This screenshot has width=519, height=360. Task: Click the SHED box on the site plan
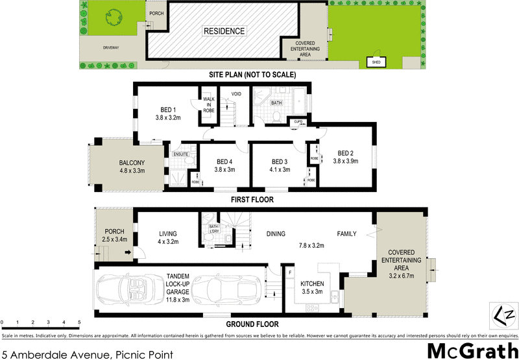[x=375, y=62]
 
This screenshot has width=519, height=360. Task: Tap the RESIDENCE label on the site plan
[x=224, y=30]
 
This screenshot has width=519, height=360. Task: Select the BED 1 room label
[x=167, y=110]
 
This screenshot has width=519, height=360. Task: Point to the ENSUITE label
[x=181, y=154]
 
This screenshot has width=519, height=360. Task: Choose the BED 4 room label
[x=224, y=162]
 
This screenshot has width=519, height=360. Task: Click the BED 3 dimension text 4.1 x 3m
[x=280, y=170]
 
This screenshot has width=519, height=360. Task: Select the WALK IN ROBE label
[x=208, y=104]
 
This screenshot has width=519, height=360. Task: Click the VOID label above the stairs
[x=237, y=95]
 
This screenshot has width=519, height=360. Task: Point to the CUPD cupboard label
[x=298, y=122]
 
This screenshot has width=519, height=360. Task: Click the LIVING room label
[x=169, y=234]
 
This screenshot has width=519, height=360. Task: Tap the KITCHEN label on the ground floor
[x=313, y=283]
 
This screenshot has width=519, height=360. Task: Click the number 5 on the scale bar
[x=79, y=322]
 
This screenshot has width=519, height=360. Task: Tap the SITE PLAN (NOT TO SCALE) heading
[x=252, y=75]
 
